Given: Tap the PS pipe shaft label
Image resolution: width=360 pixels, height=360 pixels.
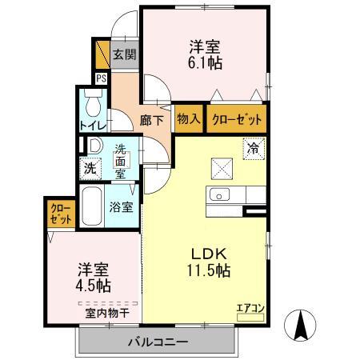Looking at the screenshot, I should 102,78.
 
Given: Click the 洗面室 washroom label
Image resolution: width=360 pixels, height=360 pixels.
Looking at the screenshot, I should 119,160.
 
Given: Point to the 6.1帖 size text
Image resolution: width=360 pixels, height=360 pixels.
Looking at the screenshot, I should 206,62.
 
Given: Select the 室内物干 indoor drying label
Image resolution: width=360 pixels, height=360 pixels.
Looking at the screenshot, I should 109,312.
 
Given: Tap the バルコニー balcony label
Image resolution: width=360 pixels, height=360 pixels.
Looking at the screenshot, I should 158,342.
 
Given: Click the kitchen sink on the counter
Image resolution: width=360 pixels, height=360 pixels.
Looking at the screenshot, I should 218,194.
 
